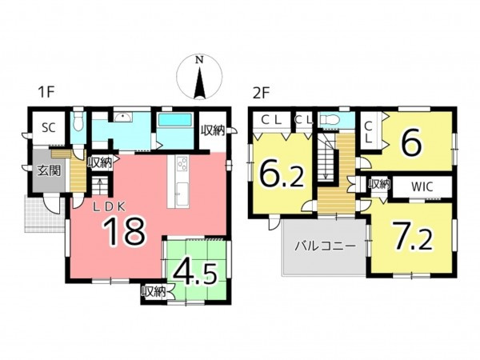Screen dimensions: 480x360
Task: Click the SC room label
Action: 49,128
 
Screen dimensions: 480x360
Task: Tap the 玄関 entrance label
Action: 49,170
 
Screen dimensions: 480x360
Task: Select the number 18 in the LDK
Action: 123,231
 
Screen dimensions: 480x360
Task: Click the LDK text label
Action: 109,207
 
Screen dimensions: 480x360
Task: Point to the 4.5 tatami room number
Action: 196,273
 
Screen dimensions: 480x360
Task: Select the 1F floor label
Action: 46,92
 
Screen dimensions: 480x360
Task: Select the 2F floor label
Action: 261,93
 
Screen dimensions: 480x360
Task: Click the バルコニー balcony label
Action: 325,246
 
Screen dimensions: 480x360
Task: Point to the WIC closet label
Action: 422,186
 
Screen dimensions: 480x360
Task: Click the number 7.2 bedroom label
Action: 413,236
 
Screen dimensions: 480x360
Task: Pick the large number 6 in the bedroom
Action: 412,143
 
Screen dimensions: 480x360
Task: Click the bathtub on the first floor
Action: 174,119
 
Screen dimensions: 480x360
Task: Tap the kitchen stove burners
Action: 182,163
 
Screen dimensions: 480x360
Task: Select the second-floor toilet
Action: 330,120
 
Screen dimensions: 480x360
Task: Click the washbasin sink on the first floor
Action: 124,118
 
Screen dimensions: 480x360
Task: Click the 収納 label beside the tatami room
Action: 154,292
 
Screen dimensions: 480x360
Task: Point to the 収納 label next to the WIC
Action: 379,184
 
